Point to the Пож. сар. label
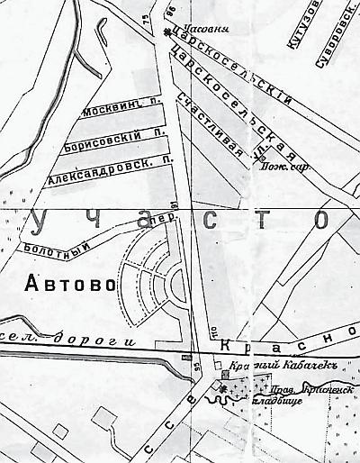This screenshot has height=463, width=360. (x=274, y=167)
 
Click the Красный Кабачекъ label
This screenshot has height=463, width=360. (x=269, y=374)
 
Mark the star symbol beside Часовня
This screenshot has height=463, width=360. (x=169, y=34)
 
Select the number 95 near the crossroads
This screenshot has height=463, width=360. (x=197, y=365)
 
